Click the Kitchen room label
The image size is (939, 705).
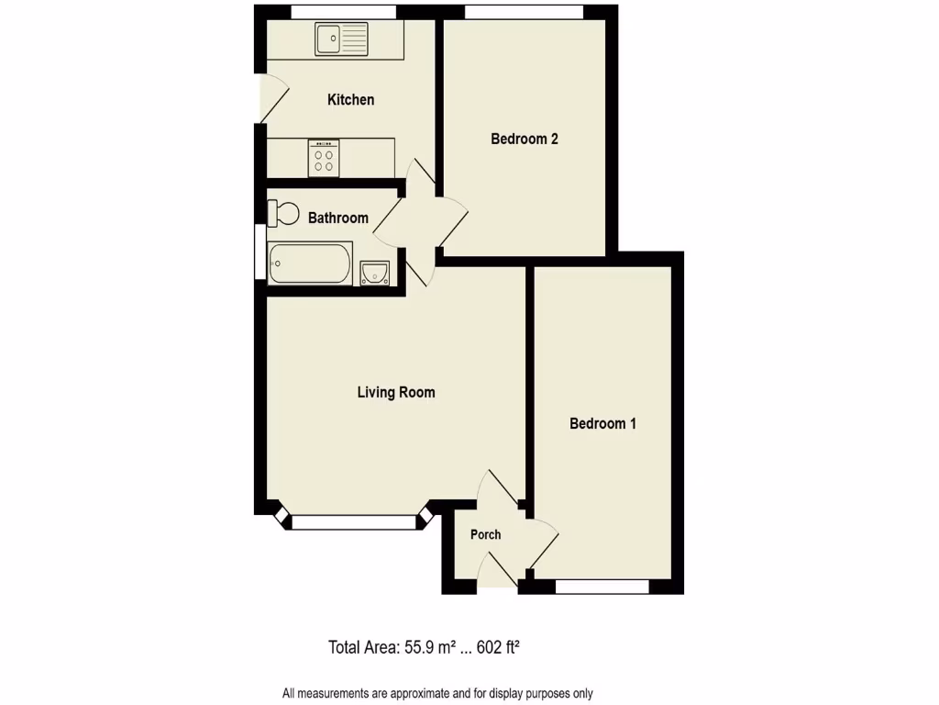(350, 99)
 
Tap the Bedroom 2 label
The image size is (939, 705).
(525, 140)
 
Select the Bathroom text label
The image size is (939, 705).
(337, 218)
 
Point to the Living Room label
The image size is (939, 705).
(395, 393)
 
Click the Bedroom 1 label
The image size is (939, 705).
(602, 424)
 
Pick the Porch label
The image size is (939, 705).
(486, 535)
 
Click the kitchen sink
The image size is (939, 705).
(341, 39)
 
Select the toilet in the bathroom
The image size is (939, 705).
(283, 213)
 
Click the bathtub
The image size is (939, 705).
(310, 263)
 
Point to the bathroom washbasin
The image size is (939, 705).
(375, 273)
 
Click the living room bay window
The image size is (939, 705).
(354, 522)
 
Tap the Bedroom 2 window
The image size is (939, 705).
(524, 11)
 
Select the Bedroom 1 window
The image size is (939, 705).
(602, 586)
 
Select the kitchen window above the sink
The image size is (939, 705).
(344, 11)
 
